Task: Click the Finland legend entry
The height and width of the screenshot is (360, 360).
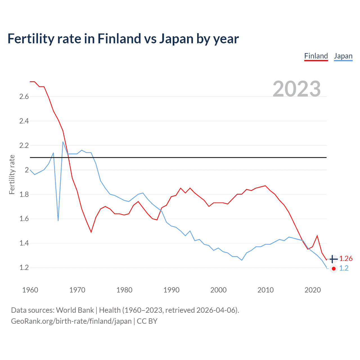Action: pyautogui.click(x=316, y=56)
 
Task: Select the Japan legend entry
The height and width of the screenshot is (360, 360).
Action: pyautogui.click(x=343, y=56)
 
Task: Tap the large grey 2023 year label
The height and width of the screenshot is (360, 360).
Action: pyautogui.click(x=297, y=89)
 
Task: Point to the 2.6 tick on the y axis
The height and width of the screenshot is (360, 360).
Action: pyautogui.click(x=24, y=97)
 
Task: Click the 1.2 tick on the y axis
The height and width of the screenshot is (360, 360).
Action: pyautogui.click(x=24, y=268)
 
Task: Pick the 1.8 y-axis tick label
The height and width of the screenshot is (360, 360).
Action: pyautogui.click(x=24, y=194)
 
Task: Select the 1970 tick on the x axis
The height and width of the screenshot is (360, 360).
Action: pyautogui.click(x=77, y=290)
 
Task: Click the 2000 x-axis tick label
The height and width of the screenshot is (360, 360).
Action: pyautogui.click(x=218, y=290)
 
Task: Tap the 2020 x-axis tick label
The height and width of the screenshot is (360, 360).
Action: pyautogui.click(x=312, y=290)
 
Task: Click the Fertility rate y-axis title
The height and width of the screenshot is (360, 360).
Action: pyautogui.click(x=12, y=174)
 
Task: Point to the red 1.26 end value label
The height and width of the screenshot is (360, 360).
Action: pyautogui.click(x=346, y=259)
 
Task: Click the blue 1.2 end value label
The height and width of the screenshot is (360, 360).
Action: pyautogui.click(x=344, y=268)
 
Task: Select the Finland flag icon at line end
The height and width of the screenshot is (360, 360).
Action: pyautogui.click(x=333, y=259)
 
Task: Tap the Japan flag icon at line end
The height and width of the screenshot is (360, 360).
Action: pyautogui.click(x=333, y=269)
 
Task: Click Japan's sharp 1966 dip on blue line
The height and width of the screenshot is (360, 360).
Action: pyautogui.click(x=58, y=220)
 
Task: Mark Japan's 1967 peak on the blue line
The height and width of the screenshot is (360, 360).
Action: pyautogui.click(x=63, y=142)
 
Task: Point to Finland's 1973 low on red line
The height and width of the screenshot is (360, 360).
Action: pyautogui.click(x=91, y=232)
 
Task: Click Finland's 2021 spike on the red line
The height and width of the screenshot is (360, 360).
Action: pyautogui.click(x=317, y=236)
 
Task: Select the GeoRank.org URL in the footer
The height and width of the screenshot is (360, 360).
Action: pyautogui.click(x=71, y=321)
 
